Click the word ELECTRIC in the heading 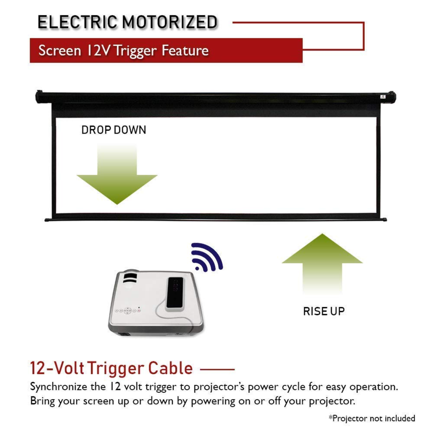[78, 22]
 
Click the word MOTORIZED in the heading [170, 22]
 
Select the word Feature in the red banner [185, 51]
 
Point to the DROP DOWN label [114, 130]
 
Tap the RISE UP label [324, 311]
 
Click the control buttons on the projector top [128, 311]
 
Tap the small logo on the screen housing [383, 97]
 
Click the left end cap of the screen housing [39, 97]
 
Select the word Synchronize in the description [59, 387]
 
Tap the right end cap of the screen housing [392, 97]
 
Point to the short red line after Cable [217, 369]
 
